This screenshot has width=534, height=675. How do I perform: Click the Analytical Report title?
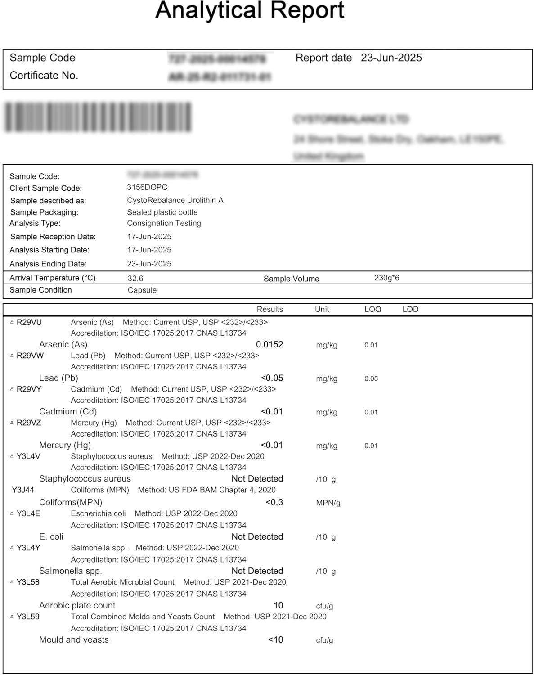coord(250,11)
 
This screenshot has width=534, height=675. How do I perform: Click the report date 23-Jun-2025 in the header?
coord(391,58)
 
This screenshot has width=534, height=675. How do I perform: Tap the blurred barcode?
coord(98,117)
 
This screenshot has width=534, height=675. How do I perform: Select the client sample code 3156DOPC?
coord(147,187)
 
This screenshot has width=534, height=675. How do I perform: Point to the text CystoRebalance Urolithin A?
coord(175,200)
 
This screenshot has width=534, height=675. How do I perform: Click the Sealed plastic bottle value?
coord(162,212)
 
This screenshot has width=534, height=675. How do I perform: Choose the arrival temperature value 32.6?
coord(135,279)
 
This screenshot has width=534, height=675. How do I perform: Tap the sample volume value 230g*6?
coord(386,278)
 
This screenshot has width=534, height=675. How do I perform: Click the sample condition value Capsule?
coord(142,290)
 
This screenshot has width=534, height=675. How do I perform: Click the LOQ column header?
coord(372,309)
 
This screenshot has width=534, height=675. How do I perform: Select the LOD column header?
coord(410,309)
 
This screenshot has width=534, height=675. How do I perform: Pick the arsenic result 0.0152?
coord(269,345)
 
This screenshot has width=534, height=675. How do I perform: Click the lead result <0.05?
coord(272,378)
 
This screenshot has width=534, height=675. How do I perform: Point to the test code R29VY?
coord(29,389)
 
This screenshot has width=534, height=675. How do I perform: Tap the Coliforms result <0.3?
coord(274,502)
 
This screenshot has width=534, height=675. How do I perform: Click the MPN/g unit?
coord(328,503)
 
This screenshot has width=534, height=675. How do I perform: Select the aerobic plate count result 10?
coord(278,606)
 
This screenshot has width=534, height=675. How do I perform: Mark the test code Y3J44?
coord(23,490)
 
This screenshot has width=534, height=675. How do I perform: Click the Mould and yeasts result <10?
coord(275,640)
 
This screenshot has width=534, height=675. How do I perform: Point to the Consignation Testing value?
coord(164,223)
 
